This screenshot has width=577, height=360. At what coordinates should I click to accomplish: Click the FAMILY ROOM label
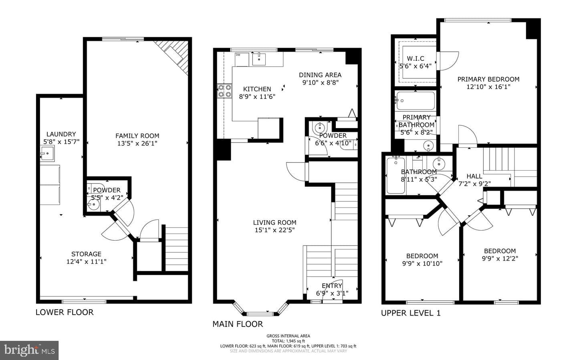pos(137,136)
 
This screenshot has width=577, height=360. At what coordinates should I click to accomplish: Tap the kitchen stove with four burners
pos(224,91)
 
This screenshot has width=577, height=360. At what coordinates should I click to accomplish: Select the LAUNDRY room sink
pos(48,153)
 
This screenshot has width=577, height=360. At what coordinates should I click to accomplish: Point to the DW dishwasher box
pos(242,60)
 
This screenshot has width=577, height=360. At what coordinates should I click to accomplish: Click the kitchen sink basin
pos(258,59)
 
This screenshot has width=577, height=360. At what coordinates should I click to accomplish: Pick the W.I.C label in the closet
pos(416,58)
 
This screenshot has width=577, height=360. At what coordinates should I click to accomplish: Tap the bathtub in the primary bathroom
pos(416,101)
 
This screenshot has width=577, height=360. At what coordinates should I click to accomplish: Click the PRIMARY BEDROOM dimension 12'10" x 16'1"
pos(488,87)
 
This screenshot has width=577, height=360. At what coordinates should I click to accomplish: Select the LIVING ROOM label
pos(274,223)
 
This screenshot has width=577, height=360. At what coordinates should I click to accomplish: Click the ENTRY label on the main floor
pos(332,286)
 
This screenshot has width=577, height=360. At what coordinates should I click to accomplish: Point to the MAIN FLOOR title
pos(238,324)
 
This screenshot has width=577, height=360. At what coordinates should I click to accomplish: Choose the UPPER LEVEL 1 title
pos(411,313)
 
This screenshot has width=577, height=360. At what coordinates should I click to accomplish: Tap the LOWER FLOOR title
pos(65,312)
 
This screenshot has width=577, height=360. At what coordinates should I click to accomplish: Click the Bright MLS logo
pos(29,350)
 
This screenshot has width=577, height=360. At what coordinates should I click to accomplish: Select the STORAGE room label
pos(86,254)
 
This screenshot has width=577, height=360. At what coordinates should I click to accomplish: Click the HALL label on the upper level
pos(474,176)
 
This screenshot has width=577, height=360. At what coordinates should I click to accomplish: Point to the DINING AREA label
pos(320,75)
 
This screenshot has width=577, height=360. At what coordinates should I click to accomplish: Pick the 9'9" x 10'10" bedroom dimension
pos(422,263)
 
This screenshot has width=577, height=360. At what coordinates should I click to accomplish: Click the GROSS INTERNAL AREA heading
pos(288,336)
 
